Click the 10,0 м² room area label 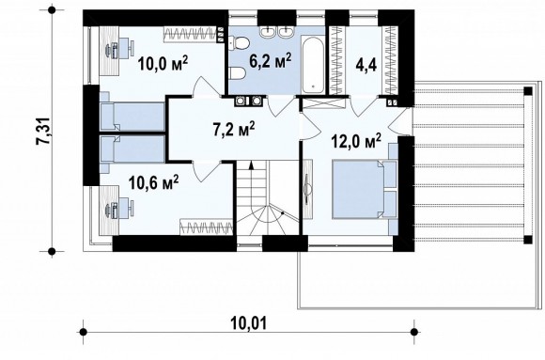click(x=163, y=63)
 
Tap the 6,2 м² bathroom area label click(x=270, y=60)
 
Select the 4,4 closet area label click(x=366, y=65)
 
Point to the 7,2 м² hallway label click(x=234, y=129)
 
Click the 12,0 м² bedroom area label click(x=356, y=141)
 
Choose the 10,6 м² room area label click(x=153, y=182)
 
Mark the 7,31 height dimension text click(x=44, y=131)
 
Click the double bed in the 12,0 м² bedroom click(x=365, y=189)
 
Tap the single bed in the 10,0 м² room click(x=132, y=116)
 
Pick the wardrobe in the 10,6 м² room click(x=206, y=227)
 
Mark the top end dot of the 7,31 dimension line click(x=52, y=10)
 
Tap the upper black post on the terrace click(x=528, y=91)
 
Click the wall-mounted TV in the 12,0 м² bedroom click(x=307, y=189)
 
